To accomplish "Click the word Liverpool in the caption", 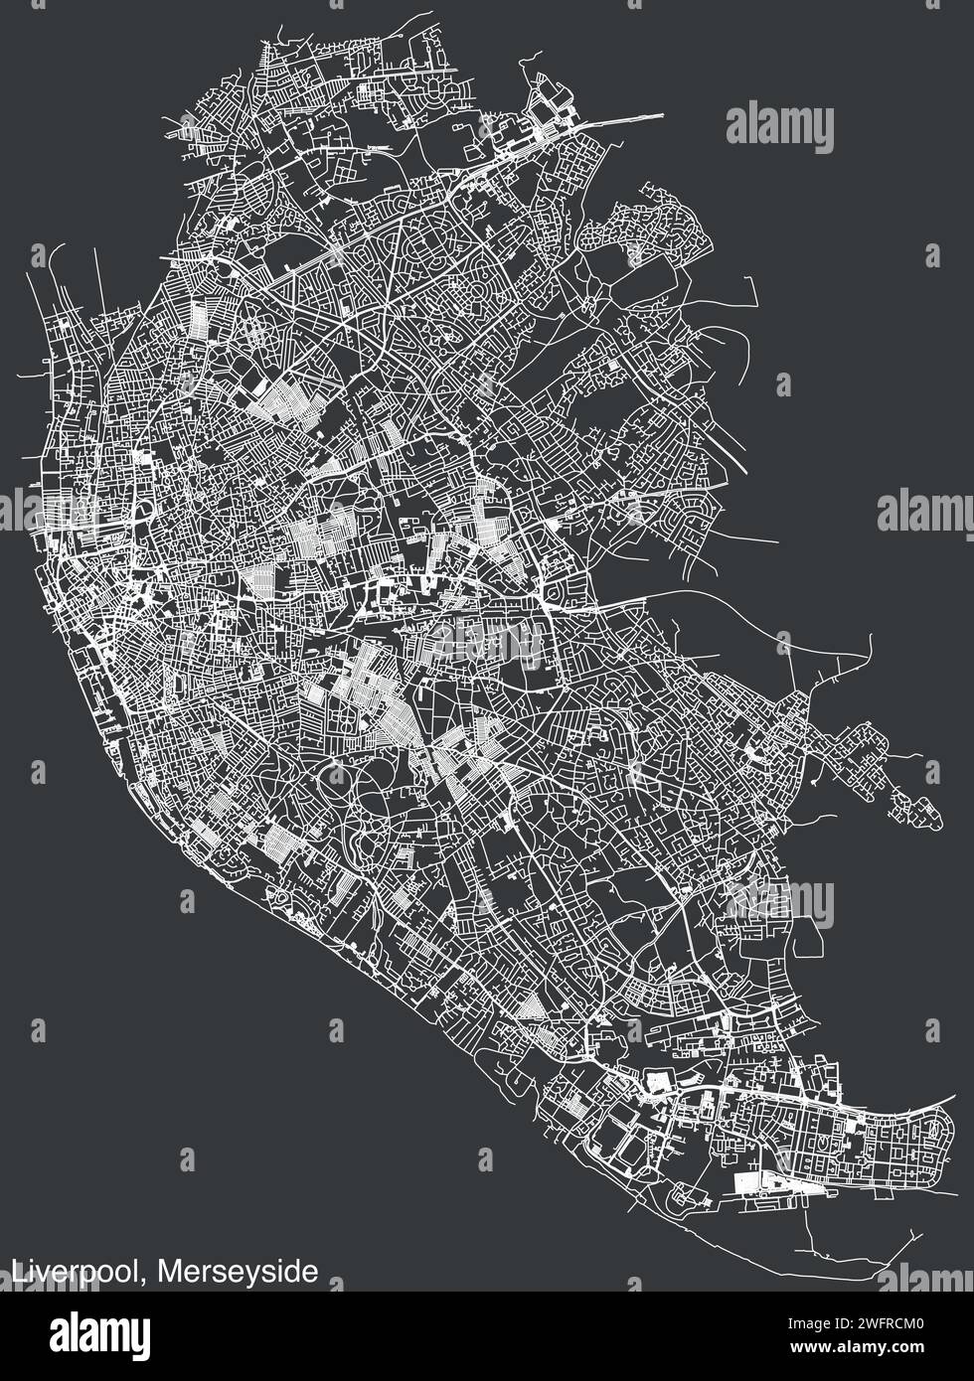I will (75, 1271).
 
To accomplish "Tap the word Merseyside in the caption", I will (238, 1271).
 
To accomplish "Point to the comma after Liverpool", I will (149, 1279).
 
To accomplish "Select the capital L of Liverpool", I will (18, 1270).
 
